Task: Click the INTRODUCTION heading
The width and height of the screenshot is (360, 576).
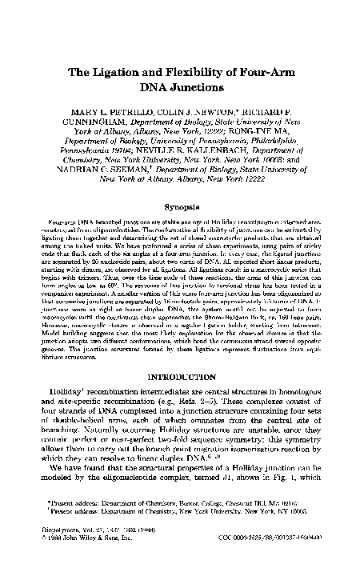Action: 179,372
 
